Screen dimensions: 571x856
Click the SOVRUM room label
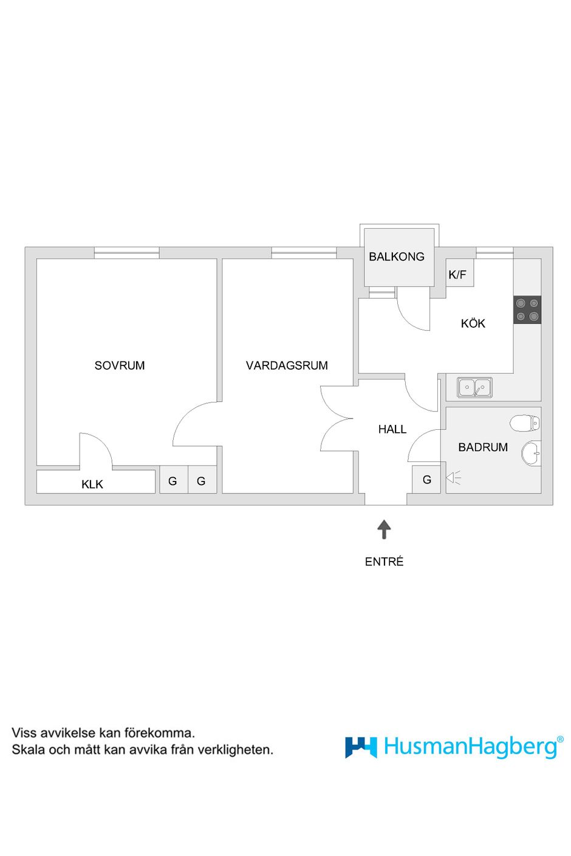(119, 365)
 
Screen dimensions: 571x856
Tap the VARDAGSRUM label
(287, 365)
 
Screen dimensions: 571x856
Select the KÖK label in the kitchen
(473, 323)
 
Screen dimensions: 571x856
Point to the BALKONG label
(396, 256)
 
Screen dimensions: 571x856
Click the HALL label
(392, 429)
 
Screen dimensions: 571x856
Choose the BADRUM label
(483, 447)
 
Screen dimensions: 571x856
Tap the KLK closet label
(92, 484)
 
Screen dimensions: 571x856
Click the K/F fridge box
(460, 273)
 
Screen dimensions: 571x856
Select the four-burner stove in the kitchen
(527, 310)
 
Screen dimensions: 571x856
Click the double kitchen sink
(474, 387)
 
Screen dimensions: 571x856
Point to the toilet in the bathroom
(525, 423)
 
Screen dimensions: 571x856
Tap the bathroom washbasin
(532, 453)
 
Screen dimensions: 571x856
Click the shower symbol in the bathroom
(454, 478)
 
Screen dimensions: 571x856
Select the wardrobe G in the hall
(426, 479)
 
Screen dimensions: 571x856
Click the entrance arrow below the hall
(383, 529)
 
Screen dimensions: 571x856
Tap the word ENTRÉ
(384, 561)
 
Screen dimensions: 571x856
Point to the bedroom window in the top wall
(126, 253)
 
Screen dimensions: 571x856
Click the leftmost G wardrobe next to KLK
(173, 480)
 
